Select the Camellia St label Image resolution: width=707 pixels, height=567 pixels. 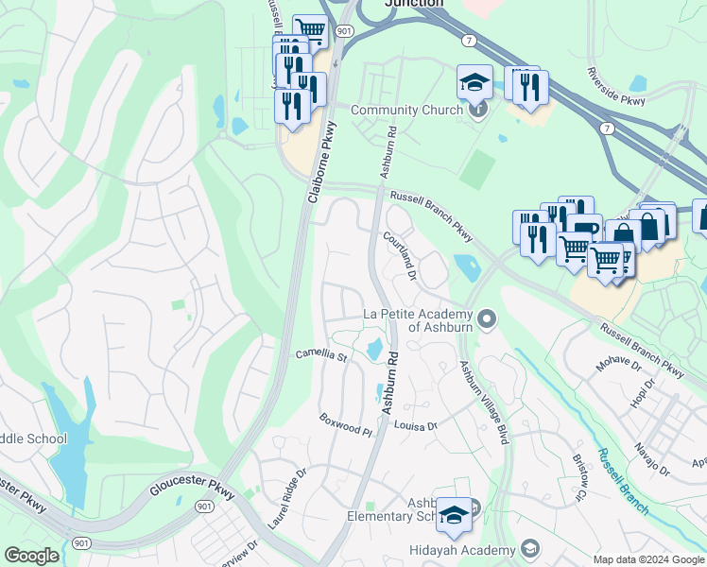pyautogui.click(x=322, y=355)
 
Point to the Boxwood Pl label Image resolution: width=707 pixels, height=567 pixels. pyautogui.click(x=346, y=422)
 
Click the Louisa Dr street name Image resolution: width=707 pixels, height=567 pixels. pyautogui.click(x=416, y=426)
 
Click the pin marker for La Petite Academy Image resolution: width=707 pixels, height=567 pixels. pyautogui.click(x=487, y=320)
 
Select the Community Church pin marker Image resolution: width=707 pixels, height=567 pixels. pyautogui.click(x=478, y=110)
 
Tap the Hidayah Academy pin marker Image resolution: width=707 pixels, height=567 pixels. pyautogui.click(x=529, y=549)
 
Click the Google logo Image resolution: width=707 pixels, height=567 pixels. pyautogui.click(x=31, y=556)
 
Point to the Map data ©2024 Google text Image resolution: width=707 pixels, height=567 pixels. pyautogui.click(x=648, y=558)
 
